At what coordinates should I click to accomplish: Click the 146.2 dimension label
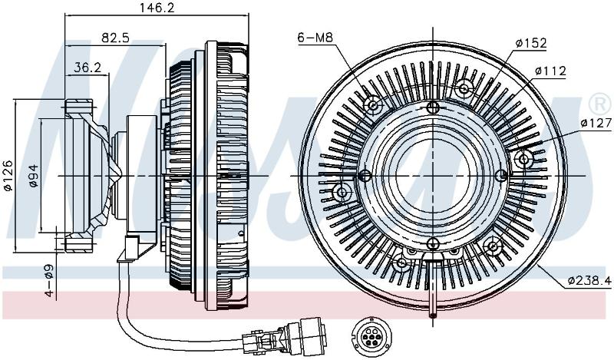point(157,7)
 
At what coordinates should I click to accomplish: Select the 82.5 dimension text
point(116,38)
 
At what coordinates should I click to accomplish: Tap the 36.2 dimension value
point(87,68)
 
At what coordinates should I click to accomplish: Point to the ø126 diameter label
point(8,176)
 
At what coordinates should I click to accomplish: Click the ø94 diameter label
point(33,176)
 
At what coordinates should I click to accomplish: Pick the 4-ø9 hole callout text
point(49,281)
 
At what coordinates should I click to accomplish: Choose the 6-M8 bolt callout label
point(315,38)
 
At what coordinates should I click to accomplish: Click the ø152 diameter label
point(530,43)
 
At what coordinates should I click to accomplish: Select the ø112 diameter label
point(550,71)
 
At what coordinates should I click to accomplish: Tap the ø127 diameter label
point(596,124)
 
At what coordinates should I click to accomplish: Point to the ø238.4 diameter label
point(589,280)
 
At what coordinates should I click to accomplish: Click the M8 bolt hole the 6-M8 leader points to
point(372,105)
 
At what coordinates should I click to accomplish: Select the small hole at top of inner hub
point(433,107)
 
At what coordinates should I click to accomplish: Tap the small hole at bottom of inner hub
point(433,243)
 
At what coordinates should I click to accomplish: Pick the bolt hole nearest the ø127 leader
point(524,159)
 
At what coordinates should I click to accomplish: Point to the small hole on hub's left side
point(365,176)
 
